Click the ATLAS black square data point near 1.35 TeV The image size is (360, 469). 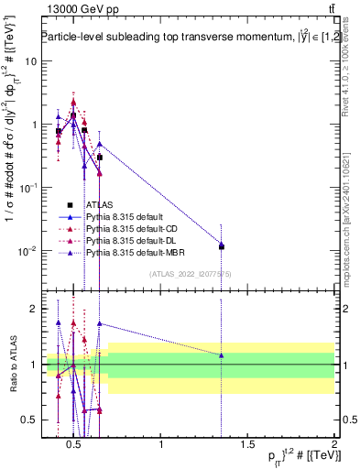click(x=222, y=246)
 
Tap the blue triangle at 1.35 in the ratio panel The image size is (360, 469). click(x=222, y=354)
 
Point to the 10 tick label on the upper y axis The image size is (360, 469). click(x=31, y=60)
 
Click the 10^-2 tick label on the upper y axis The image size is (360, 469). click(x=27, y=250)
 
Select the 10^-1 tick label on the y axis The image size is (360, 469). click(x=27, y=187)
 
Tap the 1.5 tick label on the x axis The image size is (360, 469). click(x=247, y=446)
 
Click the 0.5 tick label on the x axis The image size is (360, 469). click(x=75, y=446)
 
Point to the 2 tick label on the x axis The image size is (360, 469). click(x=333, y=446)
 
